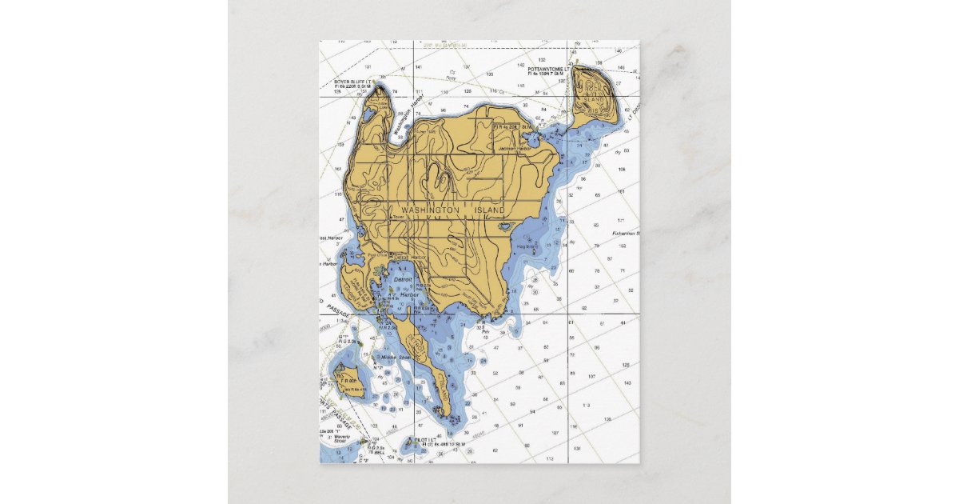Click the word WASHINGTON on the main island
[x=430, y=210]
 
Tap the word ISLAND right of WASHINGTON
[x=490, y=210]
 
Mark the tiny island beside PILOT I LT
[x=409, y=449]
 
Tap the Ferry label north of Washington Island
[x=451, y=78]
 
